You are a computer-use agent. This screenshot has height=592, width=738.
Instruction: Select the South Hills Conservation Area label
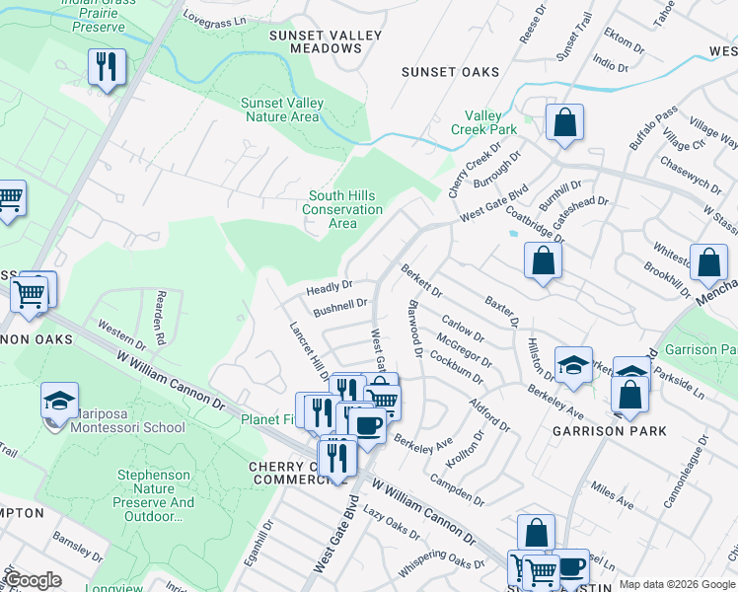342,209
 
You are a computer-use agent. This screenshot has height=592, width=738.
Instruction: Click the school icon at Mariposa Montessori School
59,402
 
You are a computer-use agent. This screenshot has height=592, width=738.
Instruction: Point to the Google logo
33,580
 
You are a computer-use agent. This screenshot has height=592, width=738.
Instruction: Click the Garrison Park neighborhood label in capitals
610,431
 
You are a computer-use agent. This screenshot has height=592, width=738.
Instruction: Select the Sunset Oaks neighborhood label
450,72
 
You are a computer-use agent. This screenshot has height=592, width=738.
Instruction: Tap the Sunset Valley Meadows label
326,41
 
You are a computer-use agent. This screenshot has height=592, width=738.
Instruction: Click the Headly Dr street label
329,288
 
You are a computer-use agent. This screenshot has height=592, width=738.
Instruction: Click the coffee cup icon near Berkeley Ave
367,424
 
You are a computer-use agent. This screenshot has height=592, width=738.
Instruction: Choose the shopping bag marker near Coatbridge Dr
543,260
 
